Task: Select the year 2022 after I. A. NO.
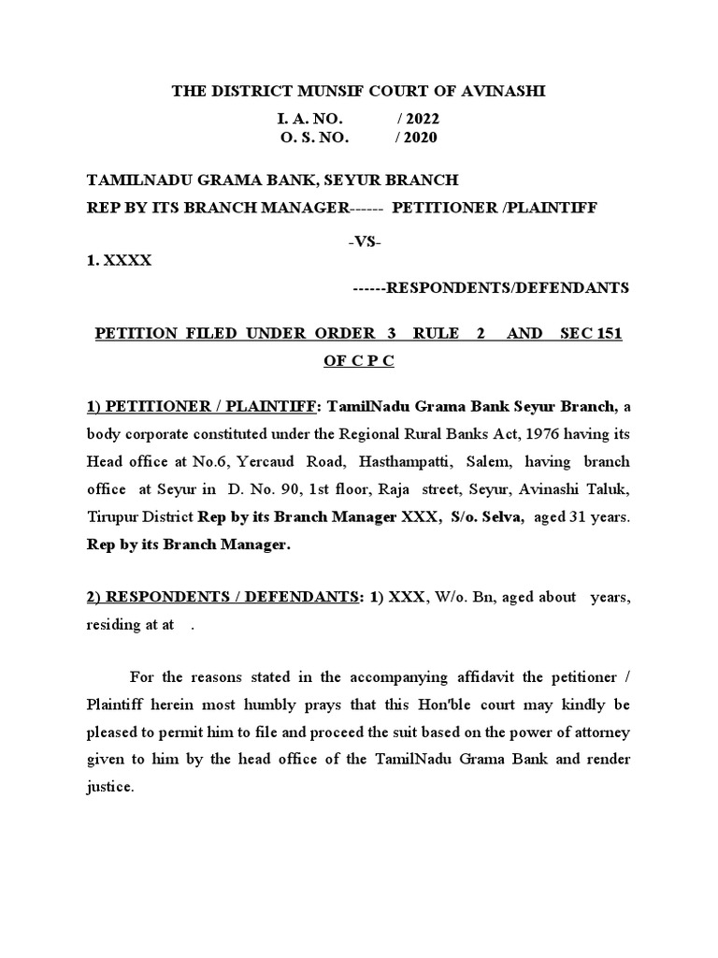[418, 119]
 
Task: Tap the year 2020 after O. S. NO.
[416, 138]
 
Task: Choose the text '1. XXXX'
[119, 261]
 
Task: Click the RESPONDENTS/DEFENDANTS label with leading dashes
[491, 288]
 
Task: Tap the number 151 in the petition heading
[610, 334]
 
